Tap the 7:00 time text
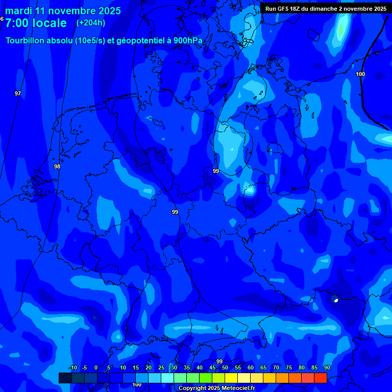click(17, 23)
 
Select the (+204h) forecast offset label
click(91, 22)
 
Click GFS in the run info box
click(283, 9)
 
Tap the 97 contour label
click(18, 93)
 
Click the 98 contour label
click(57, 167)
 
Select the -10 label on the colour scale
click(72, 368)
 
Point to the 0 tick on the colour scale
click(96, 368)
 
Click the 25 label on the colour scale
click(161, 368)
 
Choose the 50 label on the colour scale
click(225, 368)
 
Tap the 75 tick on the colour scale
click(289, 368)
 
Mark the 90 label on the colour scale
click(327, 368)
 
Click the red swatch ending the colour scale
click(320, 378)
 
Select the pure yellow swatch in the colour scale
click(231, 378)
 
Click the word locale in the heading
click(50, 23)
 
